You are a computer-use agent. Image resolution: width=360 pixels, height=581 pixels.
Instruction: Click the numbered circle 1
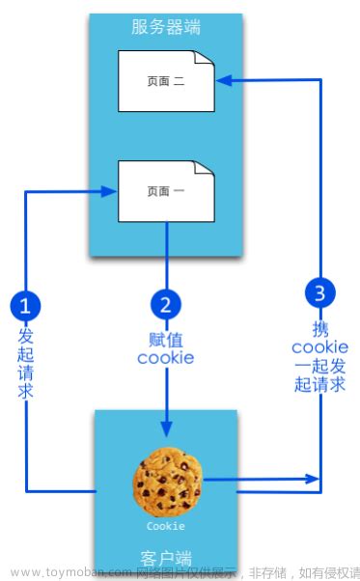pyautogui.click(x=25, y=306)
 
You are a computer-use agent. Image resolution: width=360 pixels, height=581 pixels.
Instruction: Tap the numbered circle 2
pyautogui.click(x=166, y=306)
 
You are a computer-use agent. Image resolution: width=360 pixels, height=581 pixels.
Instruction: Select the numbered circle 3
pyautogui.click(x=319, y=291)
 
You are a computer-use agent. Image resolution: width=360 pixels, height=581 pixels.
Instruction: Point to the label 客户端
pyautogui.click(x=166, y=557)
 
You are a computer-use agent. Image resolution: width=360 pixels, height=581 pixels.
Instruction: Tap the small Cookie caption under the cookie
pyautogui.click(x=166, y=527)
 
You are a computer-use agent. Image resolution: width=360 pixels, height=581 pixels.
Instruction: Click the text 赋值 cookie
pyautogui.click(x=166, y=348)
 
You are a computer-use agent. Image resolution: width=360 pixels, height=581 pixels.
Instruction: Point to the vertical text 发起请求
pyautogui.click(x=26, y=363)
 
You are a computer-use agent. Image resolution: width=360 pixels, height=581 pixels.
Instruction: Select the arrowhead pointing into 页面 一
pyautogui.click(x=110, y=191)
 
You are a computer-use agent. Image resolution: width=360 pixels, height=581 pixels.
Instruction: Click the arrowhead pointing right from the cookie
pyautogui.click(x=314, y=478)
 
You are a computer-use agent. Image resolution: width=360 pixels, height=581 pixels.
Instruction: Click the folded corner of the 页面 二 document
pyautogui.click(x=204, y=60)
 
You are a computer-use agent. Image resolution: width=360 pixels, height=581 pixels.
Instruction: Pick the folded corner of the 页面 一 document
pyautogui.click(x=204, y=170)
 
